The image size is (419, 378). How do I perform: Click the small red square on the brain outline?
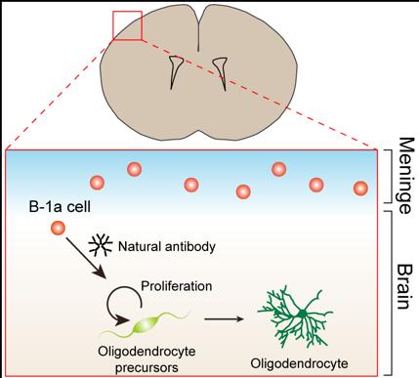point(127,12)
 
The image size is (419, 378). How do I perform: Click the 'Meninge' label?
point(406,176)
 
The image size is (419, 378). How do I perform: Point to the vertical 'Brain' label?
point(403,287)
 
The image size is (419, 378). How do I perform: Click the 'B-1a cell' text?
point(60,207)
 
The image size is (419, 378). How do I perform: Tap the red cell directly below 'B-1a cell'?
point(58,228)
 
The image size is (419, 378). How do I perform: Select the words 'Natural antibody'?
point(167,247)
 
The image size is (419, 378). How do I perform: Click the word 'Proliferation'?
point(177,286)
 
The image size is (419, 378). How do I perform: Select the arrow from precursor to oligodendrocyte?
point(224,319)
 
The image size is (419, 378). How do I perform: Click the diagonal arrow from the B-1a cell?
point(86,258)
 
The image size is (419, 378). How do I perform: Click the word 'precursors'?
point(147,368)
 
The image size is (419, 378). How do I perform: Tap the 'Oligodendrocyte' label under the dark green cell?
point(299,363)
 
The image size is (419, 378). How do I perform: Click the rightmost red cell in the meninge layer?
point(360,189)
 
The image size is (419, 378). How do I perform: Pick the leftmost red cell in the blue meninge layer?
point(97,183)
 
